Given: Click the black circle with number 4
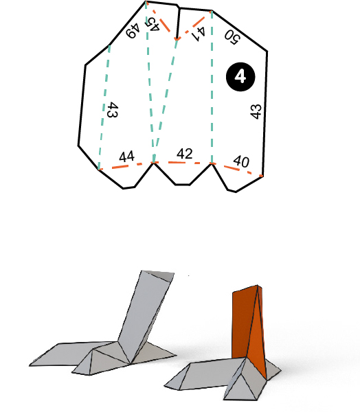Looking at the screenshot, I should point(240,77).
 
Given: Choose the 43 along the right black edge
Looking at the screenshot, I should point(256,112).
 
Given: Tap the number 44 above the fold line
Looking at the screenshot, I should point(126,157).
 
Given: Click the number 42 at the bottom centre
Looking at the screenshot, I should point(184,153).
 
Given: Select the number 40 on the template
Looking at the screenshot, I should point(240,161).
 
